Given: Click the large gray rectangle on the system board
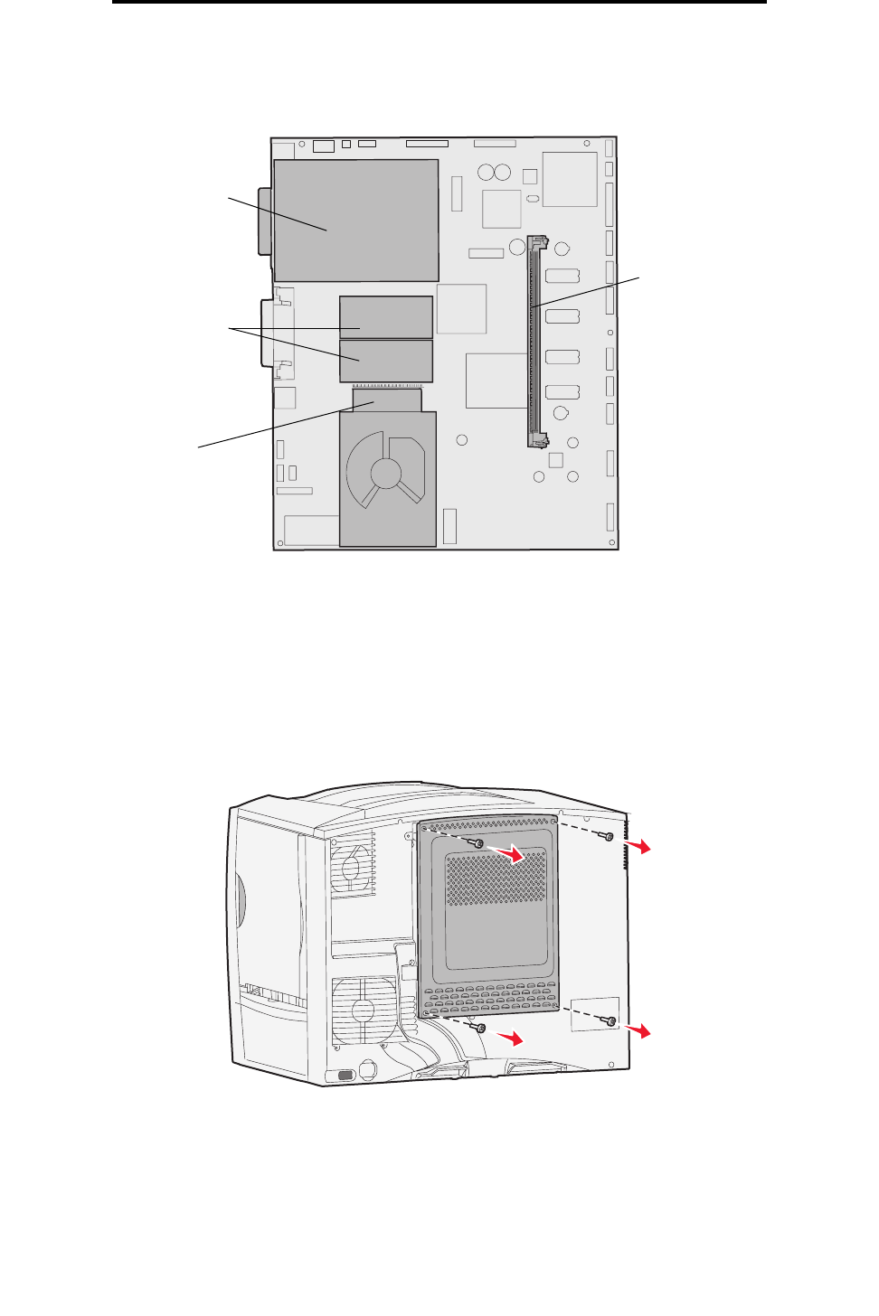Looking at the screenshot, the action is tap(356, 221).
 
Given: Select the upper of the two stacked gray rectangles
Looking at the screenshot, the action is tap(386, 316).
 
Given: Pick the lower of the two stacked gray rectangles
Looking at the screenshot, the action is tap(386, 361).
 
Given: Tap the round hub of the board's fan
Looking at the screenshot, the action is tap(386, 472).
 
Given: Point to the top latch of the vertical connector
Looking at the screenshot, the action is tap(539, 243).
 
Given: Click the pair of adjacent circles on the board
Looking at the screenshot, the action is tap(495, 173).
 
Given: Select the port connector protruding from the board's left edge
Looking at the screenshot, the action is tap(264, 221).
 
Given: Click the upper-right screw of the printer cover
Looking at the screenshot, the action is tap(610, 836).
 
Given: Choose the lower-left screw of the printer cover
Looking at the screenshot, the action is tap(480, 1028).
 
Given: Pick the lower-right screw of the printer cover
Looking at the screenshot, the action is tap(611, 1021).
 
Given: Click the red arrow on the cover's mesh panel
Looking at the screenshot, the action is tap(512, 854).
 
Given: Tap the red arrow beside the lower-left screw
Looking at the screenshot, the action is tap(512, 1039).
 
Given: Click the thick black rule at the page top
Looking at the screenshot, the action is tap(439, 2).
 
